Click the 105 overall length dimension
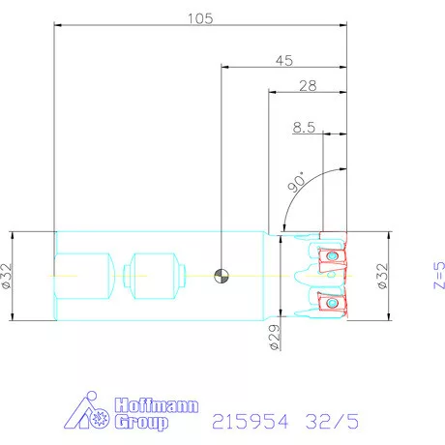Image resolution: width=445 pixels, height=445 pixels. pyautogui.click(x=200, y=18)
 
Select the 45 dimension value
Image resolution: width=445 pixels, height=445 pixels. pyautogui.click(x=284, y=61)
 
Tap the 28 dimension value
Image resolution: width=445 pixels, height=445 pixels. pyautogui.click(x=308, y=86)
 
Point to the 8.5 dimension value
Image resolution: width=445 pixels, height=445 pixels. pyautogui.click(x=304, y=127)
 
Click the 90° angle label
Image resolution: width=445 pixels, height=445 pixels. pyautogui.click(x=296, y=182)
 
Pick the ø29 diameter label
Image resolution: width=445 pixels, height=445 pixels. pyautogui.click(x=274, y=338)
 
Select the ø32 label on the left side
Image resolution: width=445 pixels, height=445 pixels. pyautogui.click(x=7, y=276)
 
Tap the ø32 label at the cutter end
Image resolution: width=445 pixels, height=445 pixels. pyautogui.click(x=382, y=277)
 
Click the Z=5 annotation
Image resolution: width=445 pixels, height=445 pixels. pyautogui.click(x=439, y=275)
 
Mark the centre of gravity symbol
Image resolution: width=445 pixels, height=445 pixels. pyautogui.click(x=222, y=276)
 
